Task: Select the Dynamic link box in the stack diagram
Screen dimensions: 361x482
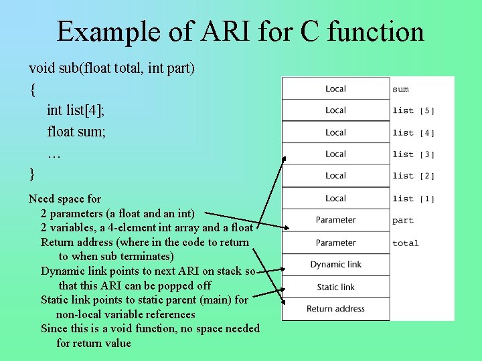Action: [335, 265]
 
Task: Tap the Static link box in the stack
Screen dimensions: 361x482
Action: [335, 287]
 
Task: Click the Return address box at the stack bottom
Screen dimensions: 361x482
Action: [335, 309]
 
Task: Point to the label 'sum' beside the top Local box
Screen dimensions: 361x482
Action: [400, 89]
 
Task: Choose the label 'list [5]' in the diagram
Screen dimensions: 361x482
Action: [413, 111]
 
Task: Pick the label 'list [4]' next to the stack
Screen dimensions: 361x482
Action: [413, 133]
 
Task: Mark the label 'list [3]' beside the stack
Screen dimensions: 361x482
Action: [413, 154]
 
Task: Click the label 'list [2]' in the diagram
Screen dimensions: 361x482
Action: [413, 176]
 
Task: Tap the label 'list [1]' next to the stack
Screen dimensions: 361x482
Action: [413, 199]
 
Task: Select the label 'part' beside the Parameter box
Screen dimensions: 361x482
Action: [403, 221]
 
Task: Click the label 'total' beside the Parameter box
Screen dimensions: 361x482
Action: [405, 243]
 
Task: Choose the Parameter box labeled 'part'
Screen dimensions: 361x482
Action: [335, 220]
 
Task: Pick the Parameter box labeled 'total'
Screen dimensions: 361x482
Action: [335, 243]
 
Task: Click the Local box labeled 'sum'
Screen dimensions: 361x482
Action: [335, 89]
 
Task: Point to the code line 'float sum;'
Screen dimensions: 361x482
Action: [76, 132]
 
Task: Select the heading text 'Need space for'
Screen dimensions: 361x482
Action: [65, 199]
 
